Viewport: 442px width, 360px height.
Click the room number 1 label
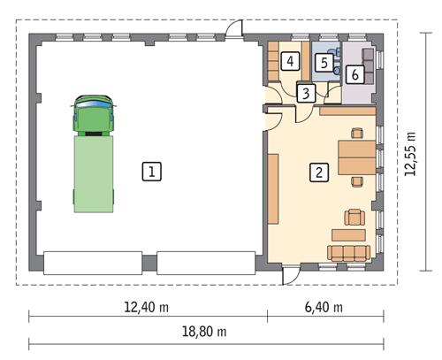(x=153, y=171)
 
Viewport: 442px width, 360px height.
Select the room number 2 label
(x=316, y=172)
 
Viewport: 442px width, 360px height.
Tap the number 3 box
(x=304, y=93)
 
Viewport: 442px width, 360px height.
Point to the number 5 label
(x=324, y=63)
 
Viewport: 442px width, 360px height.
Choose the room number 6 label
(x=354, y=74)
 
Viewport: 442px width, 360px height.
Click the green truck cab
(x=94, y=114)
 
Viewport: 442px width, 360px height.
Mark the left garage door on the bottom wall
(x=93, y=263)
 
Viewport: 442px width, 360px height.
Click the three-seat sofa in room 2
(x=347, y=253)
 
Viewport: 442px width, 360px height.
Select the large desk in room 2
(x=356, y=157)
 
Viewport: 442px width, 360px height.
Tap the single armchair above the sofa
(x=355, y=215)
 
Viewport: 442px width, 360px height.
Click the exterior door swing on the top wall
(x=233, y=29)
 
